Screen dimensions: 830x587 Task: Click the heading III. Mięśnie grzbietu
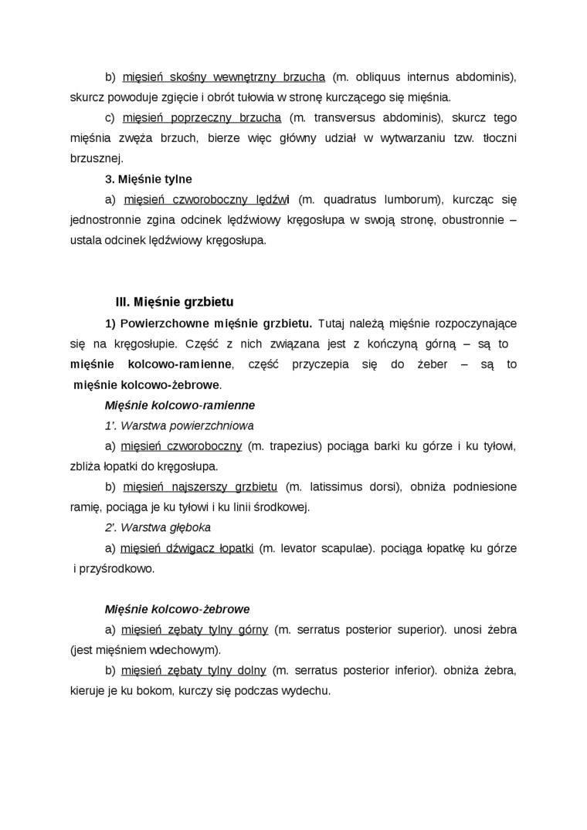tap(174, 302)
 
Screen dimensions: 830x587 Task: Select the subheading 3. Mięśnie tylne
tap(148, 179)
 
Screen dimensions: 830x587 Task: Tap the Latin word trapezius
tap(293, 446)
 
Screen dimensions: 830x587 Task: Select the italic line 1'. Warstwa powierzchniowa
tap(179, 425)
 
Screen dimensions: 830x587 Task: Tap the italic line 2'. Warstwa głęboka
tap(158, 527)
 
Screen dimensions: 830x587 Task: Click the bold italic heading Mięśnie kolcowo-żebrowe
tap(177, 609)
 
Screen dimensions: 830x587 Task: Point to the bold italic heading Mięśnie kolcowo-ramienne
tap(180, 405)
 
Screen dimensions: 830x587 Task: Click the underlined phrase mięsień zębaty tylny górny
tap(195, 630)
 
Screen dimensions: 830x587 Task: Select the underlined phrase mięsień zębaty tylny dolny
tap(194, 670)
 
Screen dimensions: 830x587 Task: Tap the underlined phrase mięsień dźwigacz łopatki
tap(188, 548)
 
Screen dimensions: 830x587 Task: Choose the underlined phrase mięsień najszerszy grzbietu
tap(199, 487)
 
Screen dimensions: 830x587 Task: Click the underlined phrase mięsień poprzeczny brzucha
tap(202, 118)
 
